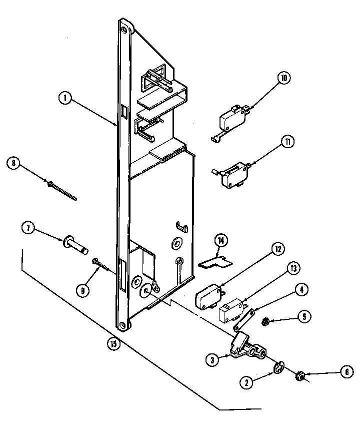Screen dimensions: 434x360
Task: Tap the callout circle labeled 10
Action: click(x=283, y=78)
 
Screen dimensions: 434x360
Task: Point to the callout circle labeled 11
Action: click(x=287, y=142)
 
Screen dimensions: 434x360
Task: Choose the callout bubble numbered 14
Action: click(x=220, y=242)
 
